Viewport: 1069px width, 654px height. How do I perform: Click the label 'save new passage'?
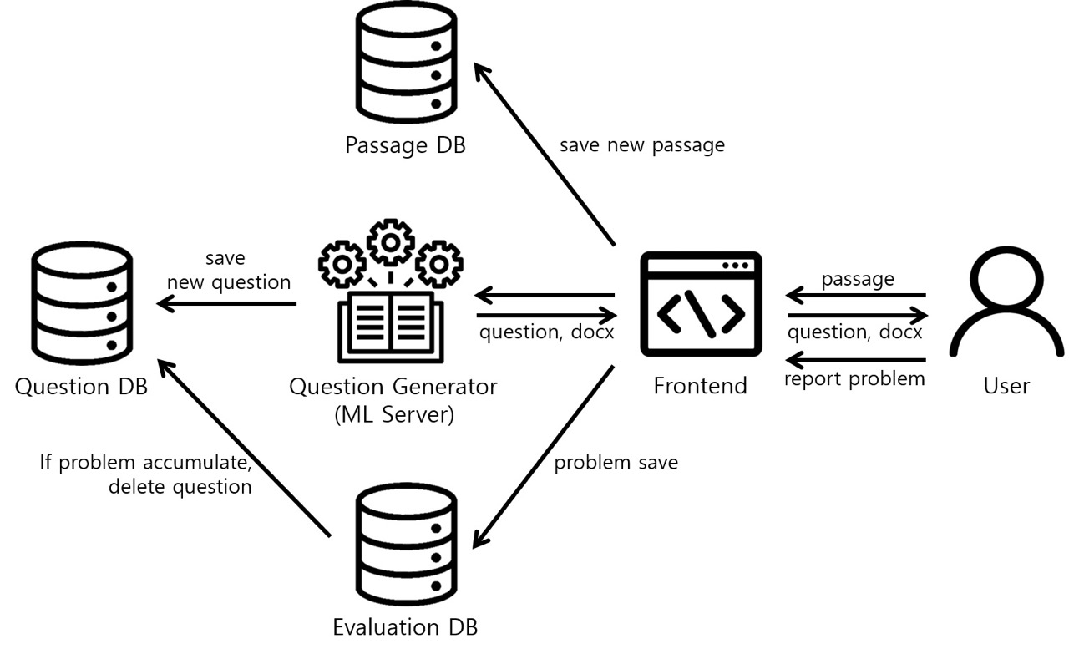coord(641,145)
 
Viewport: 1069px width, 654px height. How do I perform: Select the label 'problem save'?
coord(616,462)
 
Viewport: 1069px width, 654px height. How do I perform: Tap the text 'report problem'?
coord(854,379)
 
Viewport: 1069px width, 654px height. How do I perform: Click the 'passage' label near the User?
coord(858,279)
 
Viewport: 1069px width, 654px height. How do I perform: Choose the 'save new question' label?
coord(229,271)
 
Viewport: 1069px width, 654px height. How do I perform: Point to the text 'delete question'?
coord(180,486)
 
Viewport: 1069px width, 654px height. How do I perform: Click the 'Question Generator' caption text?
coord(393,387)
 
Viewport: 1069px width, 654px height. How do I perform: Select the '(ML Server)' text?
coord(393,414)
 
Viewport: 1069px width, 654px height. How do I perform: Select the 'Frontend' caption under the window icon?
coord(700,386)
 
